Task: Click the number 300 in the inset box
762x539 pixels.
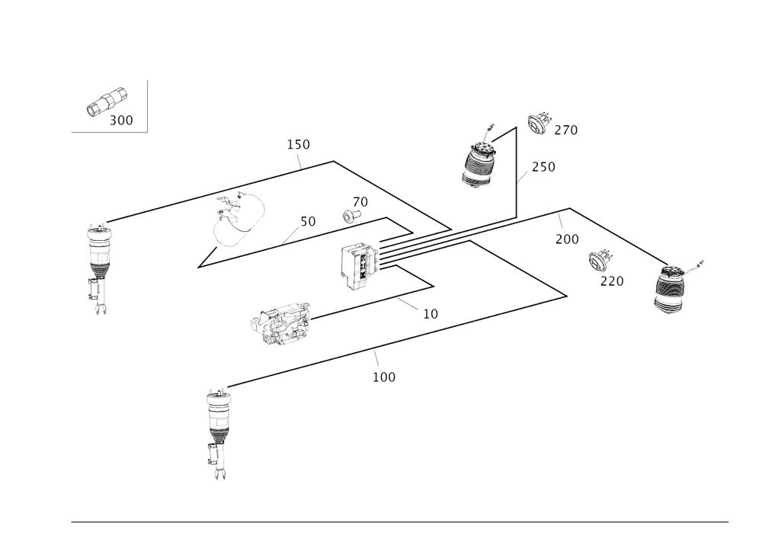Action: point(121,120)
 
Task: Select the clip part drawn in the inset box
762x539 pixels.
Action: point(104,102)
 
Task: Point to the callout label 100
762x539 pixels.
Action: point(384,377)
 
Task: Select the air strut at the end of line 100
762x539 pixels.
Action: point(216,427)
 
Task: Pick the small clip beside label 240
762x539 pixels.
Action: point(539,122)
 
